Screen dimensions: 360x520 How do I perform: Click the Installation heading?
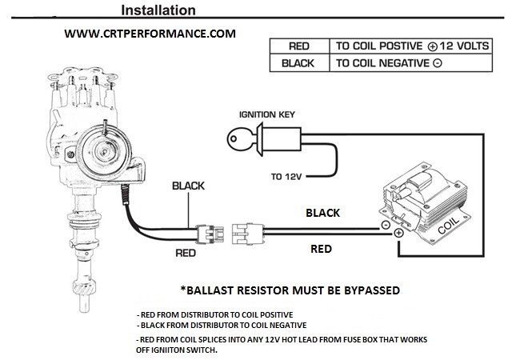click(x=158, y=10)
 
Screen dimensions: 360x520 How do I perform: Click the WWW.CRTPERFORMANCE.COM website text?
click(x=150, y=34)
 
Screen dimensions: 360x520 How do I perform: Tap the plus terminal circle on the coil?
click(x=398, y=232)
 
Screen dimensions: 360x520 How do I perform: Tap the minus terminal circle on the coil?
click(x=386, y=226)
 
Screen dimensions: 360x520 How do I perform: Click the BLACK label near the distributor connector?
click(x=188, y=186)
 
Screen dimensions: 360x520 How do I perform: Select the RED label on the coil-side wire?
click(x=321, y=249)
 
